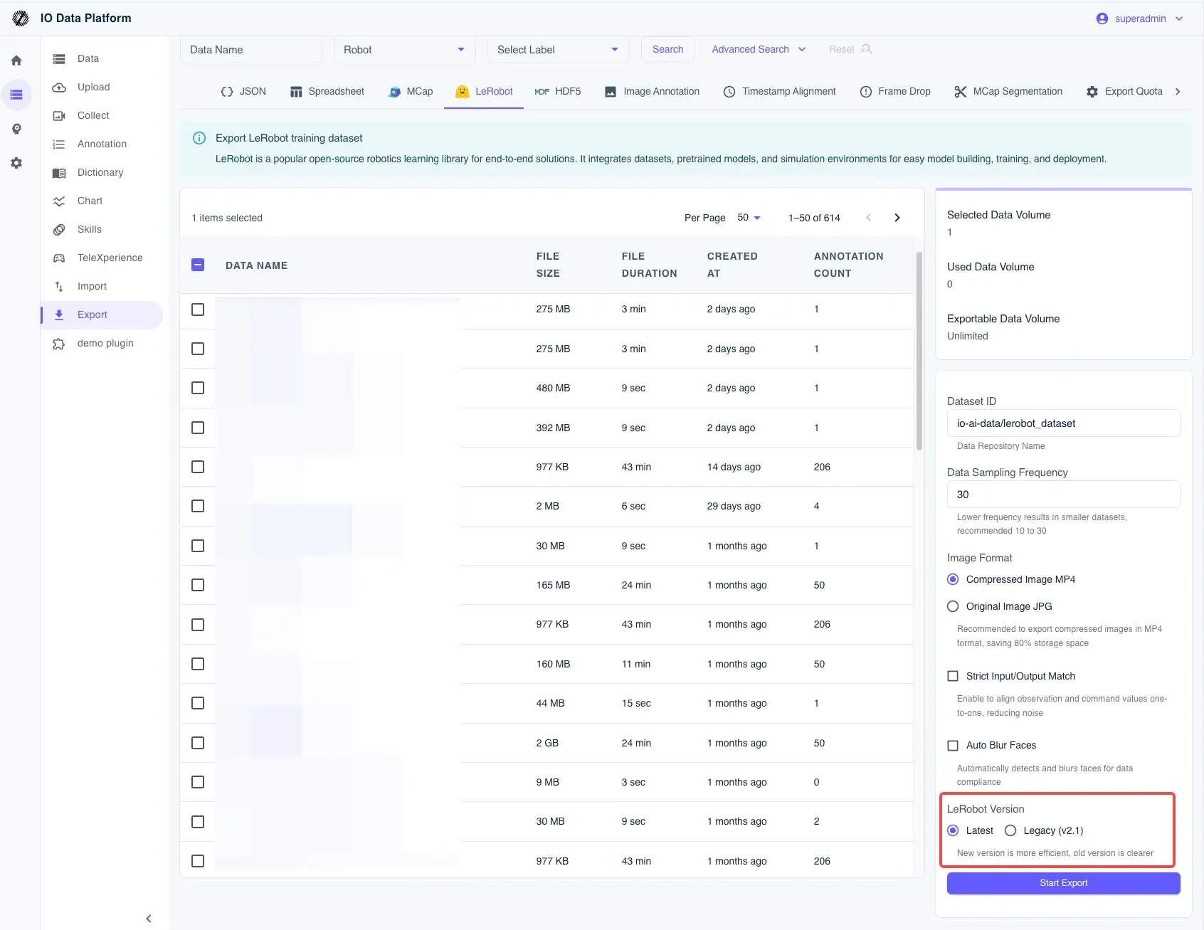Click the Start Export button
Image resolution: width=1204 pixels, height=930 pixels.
(1063, 883)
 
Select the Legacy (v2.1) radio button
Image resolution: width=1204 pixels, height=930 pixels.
(1010, 830)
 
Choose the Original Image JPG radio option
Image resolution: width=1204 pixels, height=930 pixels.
(953, 606)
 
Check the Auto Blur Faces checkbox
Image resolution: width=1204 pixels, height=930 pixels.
(953, 746)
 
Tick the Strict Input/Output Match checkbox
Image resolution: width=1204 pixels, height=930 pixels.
(953, 676)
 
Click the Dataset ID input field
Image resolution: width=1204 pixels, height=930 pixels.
(1063, 423)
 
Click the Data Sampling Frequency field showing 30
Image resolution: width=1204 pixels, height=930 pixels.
(1063, 495)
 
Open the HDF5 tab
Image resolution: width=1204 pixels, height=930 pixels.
(558, 91)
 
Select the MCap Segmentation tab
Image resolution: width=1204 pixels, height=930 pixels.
(1008, 91)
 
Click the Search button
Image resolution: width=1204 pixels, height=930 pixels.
(667, 49)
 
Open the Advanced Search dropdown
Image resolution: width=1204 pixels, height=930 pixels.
(759, 49)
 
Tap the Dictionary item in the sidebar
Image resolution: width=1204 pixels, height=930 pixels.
(100, 172)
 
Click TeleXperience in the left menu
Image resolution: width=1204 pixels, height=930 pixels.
(110, 258)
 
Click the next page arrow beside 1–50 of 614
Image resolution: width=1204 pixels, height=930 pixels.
(897, 218)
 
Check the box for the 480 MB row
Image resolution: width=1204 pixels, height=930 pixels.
(198, 388)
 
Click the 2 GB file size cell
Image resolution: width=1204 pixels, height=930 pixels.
(547, 743)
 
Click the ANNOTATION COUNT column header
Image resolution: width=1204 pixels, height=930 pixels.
(848, 265)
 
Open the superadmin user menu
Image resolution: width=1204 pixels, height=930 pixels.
(1139, 19)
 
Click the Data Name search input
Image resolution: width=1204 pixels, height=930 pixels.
(250, 50)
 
